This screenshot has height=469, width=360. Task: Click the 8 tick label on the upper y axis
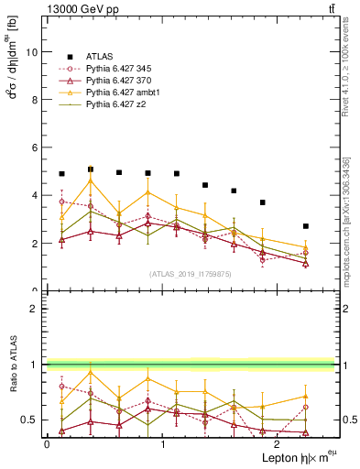pos(36,100)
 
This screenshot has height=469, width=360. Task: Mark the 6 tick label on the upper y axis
pos(36,147)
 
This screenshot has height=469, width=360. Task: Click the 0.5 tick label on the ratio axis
pos(32,420)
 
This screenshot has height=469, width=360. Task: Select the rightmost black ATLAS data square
pos(306,226)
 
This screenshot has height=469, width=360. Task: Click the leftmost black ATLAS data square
pos(61,174)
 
